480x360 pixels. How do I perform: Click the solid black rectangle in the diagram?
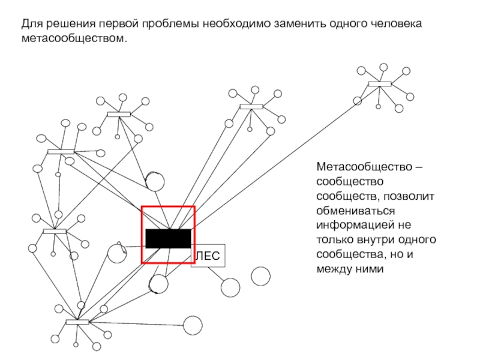168,238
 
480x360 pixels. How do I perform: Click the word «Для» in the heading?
32,25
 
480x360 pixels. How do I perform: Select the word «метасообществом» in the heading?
75,39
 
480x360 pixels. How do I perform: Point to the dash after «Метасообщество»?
417,166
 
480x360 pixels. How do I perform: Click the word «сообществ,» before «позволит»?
348,196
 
